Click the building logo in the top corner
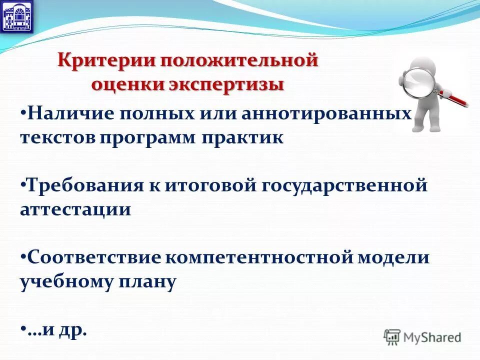(17, 16)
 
